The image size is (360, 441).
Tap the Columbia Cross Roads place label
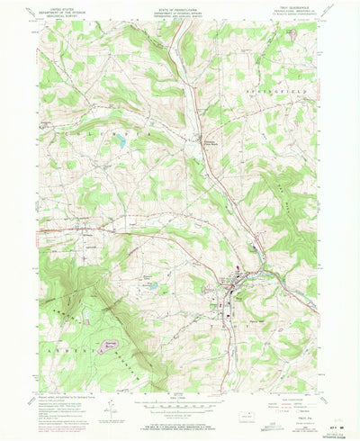point(208,143)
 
